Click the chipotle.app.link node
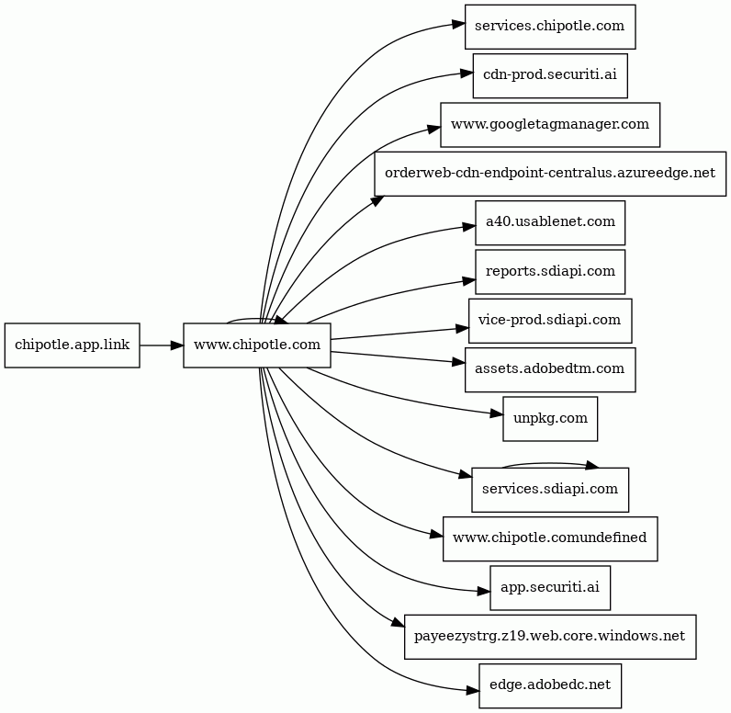click(73, 345)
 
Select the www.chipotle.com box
click(257, 345)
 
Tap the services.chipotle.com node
click(550, 27)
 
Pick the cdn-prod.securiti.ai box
click(550, 75)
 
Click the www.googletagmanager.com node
click(550, 125)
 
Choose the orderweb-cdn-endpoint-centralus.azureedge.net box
click(550, 174)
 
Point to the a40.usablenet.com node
click(550, 222)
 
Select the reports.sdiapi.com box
click(550, 272)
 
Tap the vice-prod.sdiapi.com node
click(550, 321)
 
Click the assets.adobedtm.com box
click(550, 369)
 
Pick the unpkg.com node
click(550, 419)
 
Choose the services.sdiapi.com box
click(550, 490)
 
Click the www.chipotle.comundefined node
click(550, 538)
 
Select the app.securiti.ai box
click(550, 587)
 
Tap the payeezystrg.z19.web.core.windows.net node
click(550, 637)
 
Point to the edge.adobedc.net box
click(550, 685)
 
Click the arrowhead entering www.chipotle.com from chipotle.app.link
click(177, 345)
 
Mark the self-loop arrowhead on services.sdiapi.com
click(591, 465)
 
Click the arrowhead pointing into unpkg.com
click(497, 413)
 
